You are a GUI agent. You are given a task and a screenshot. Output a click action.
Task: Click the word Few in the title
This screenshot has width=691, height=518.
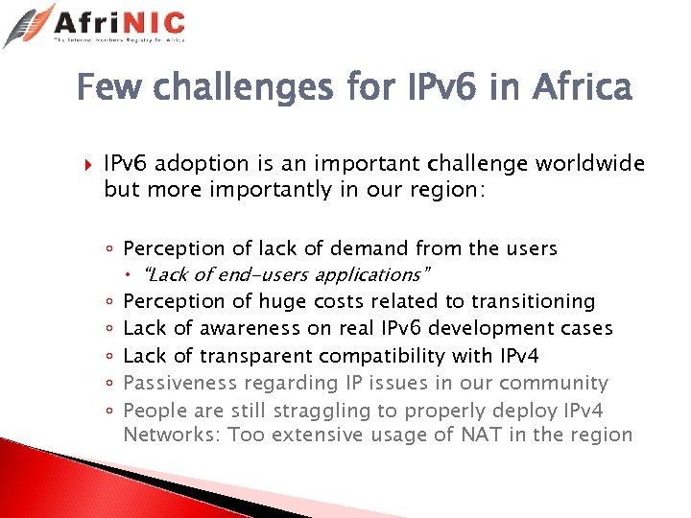[108, 89]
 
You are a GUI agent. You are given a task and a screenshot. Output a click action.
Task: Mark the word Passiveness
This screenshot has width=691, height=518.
[179, 383]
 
